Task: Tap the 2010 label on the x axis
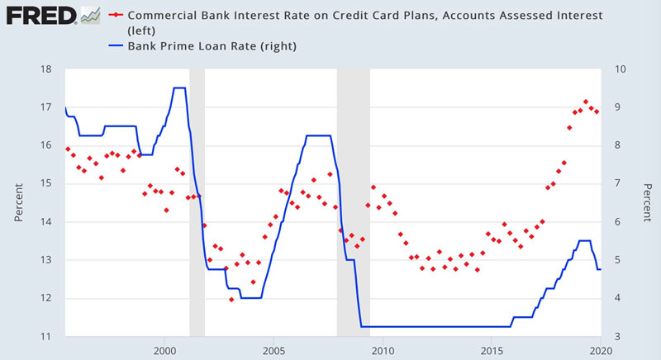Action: [382, 350]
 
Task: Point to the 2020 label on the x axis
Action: [600, 350]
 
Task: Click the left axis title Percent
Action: [18, 202]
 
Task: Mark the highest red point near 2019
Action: [586, 102]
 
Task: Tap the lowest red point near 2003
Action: [231, 300]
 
